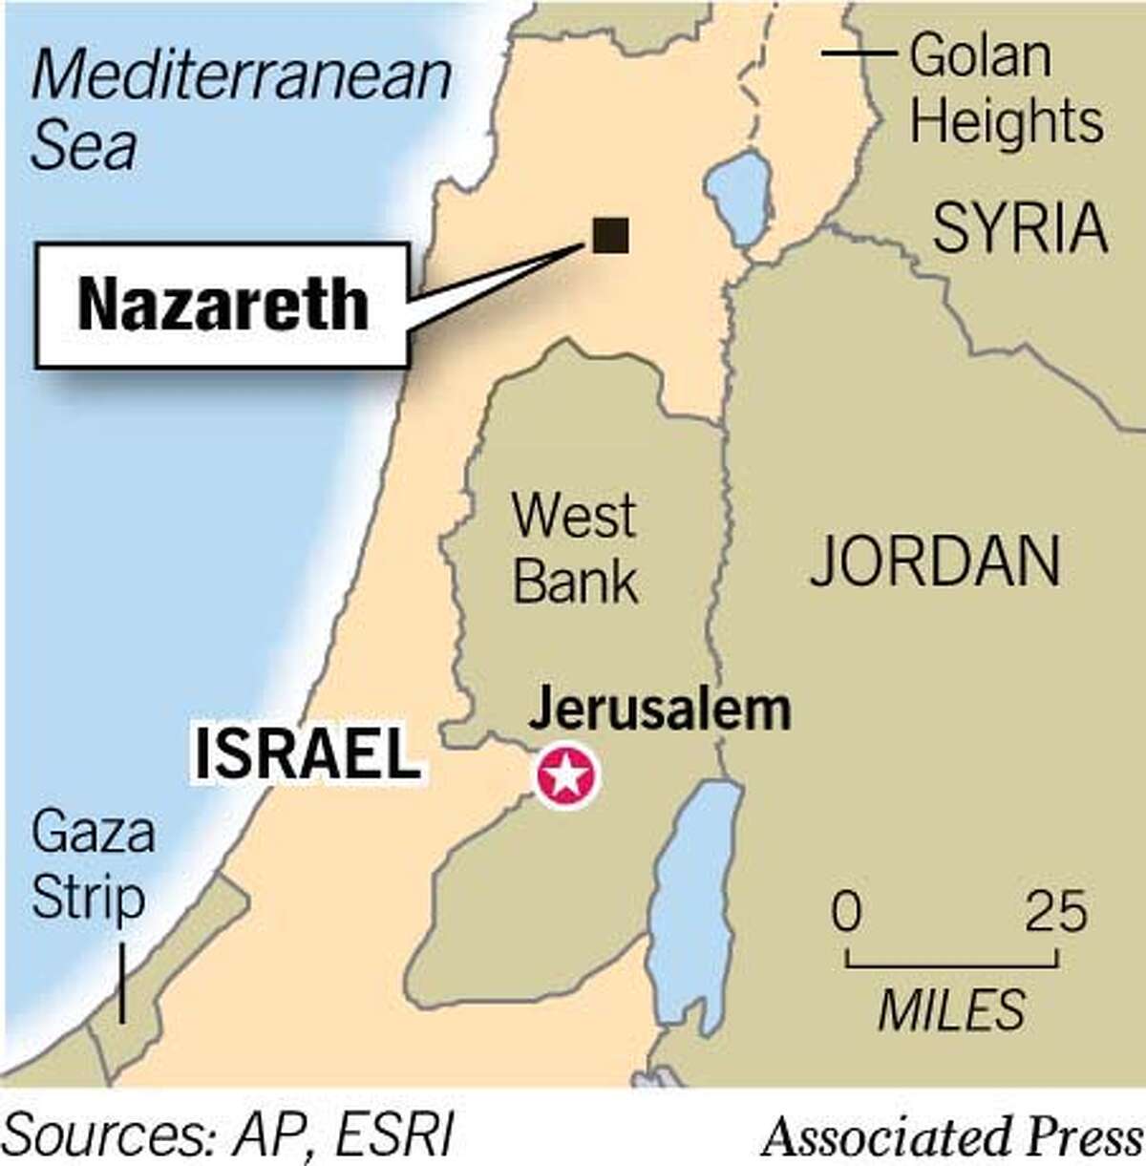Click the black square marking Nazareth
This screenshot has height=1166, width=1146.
[x=610, y=235]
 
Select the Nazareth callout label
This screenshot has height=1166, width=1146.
[x=223, y=305]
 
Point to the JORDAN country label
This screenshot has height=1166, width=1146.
[x=935, y=561]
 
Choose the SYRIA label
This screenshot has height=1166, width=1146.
[x=1020, y=228]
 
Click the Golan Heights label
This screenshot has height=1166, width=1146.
[x=1006, y=89]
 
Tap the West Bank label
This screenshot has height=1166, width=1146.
[x=575, y=547]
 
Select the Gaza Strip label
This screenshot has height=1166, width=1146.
[x=93, y=865]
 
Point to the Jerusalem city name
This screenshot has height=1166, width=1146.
[x=659, y=710]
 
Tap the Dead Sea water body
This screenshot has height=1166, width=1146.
[x=692, y=907]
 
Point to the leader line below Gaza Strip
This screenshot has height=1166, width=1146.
[x=122, y=984]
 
